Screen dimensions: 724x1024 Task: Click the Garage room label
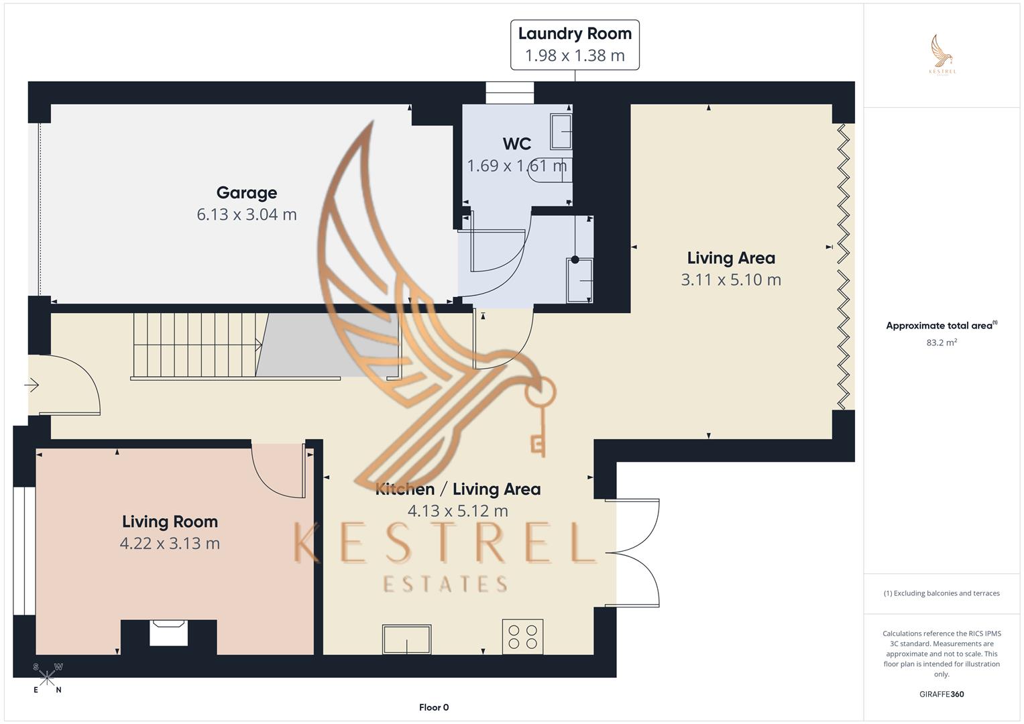247,193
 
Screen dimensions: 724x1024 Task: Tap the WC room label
516,143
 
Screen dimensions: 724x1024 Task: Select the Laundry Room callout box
575,45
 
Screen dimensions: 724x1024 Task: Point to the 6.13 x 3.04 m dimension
247,215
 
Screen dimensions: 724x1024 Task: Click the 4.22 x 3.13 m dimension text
170,544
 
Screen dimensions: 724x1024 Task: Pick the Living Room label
170,522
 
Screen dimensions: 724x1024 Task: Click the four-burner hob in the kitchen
522,637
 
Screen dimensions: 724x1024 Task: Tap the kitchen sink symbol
406,639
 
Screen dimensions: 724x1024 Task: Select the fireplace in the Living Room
168,632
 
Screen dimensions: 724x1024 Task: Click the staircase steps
194,345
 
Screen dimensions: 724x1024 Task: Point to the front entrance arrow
32,385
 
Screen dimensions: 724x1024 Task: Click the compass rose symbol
47,678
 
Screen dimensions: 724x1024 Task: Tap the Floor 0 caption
434,707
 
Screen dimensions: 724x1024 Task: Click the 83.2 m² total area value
942,343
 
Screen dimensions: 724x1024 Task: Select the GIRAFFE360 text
942,695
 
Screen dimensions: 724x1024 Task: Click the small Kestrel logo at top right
942,54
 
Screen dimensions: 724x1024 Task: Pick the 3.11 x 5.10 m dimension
731,280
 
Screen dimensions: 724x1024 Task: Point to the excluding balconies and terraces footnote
942,593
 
